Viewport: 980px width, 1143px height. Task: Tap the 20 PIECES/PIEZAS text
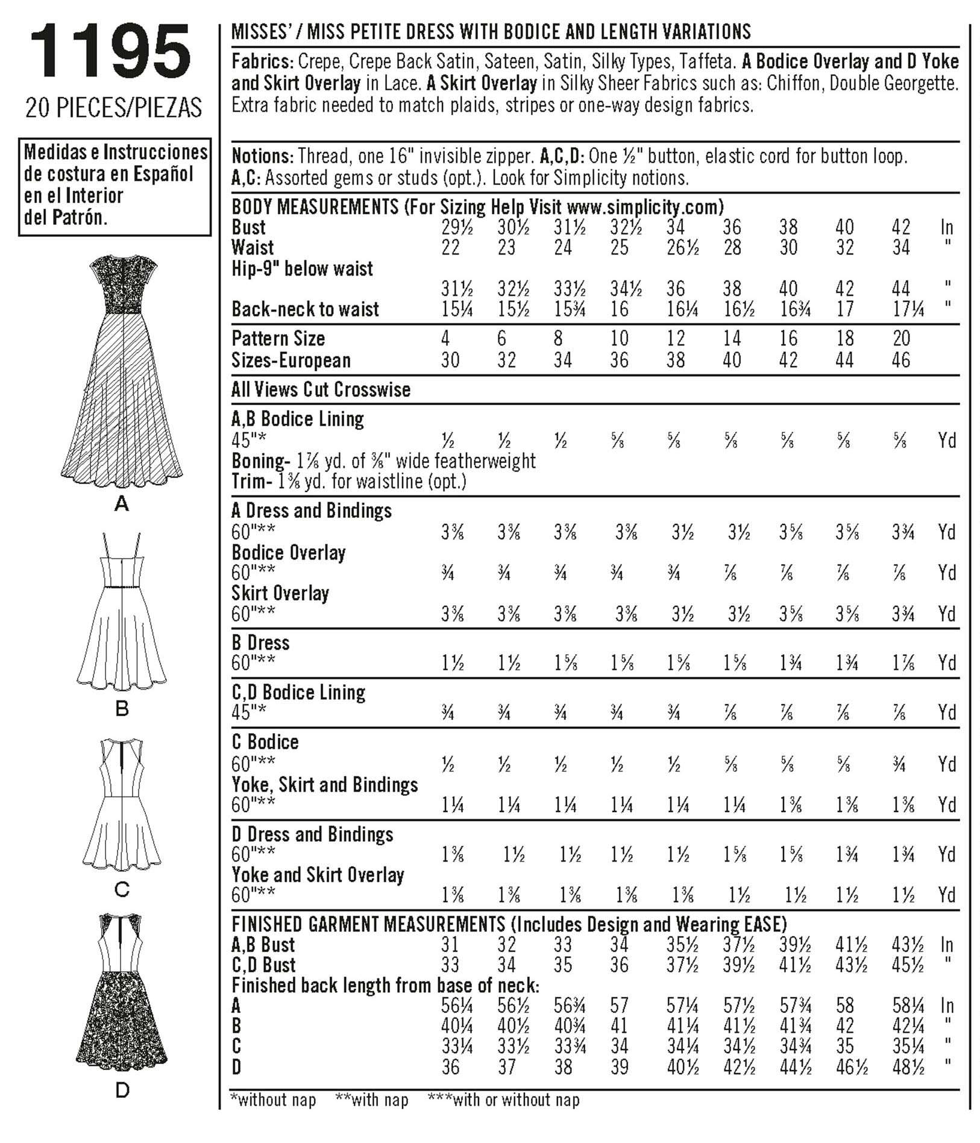(x=113, y=109)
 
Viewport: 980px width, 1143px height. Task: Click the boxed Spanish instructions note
(x=115, y=185)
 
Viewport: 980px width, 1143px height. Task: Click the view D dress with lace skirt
(x=122, y=989)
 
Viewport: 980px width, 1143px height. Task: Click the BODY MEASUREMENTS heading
(x=315, y=207)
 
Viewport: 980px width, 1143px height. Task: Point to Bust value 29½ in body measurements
(x=456, y=227)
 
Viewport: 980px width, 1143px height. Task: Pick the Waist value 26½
(x=682, y=248)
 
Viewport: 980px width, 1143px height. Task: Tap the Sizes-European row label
(x=291, y=360)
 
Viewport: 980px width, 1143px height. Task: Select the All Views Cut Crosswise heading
(x=321, y=389)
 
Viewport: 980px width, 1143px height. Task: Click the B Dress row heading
(x=260, y=643)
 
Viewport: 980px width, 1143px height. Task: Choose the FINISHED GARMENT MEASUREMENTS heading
(x=368, y=924)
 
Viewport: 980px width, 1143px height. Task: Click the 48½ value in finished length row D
(x=908, y=1067)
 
